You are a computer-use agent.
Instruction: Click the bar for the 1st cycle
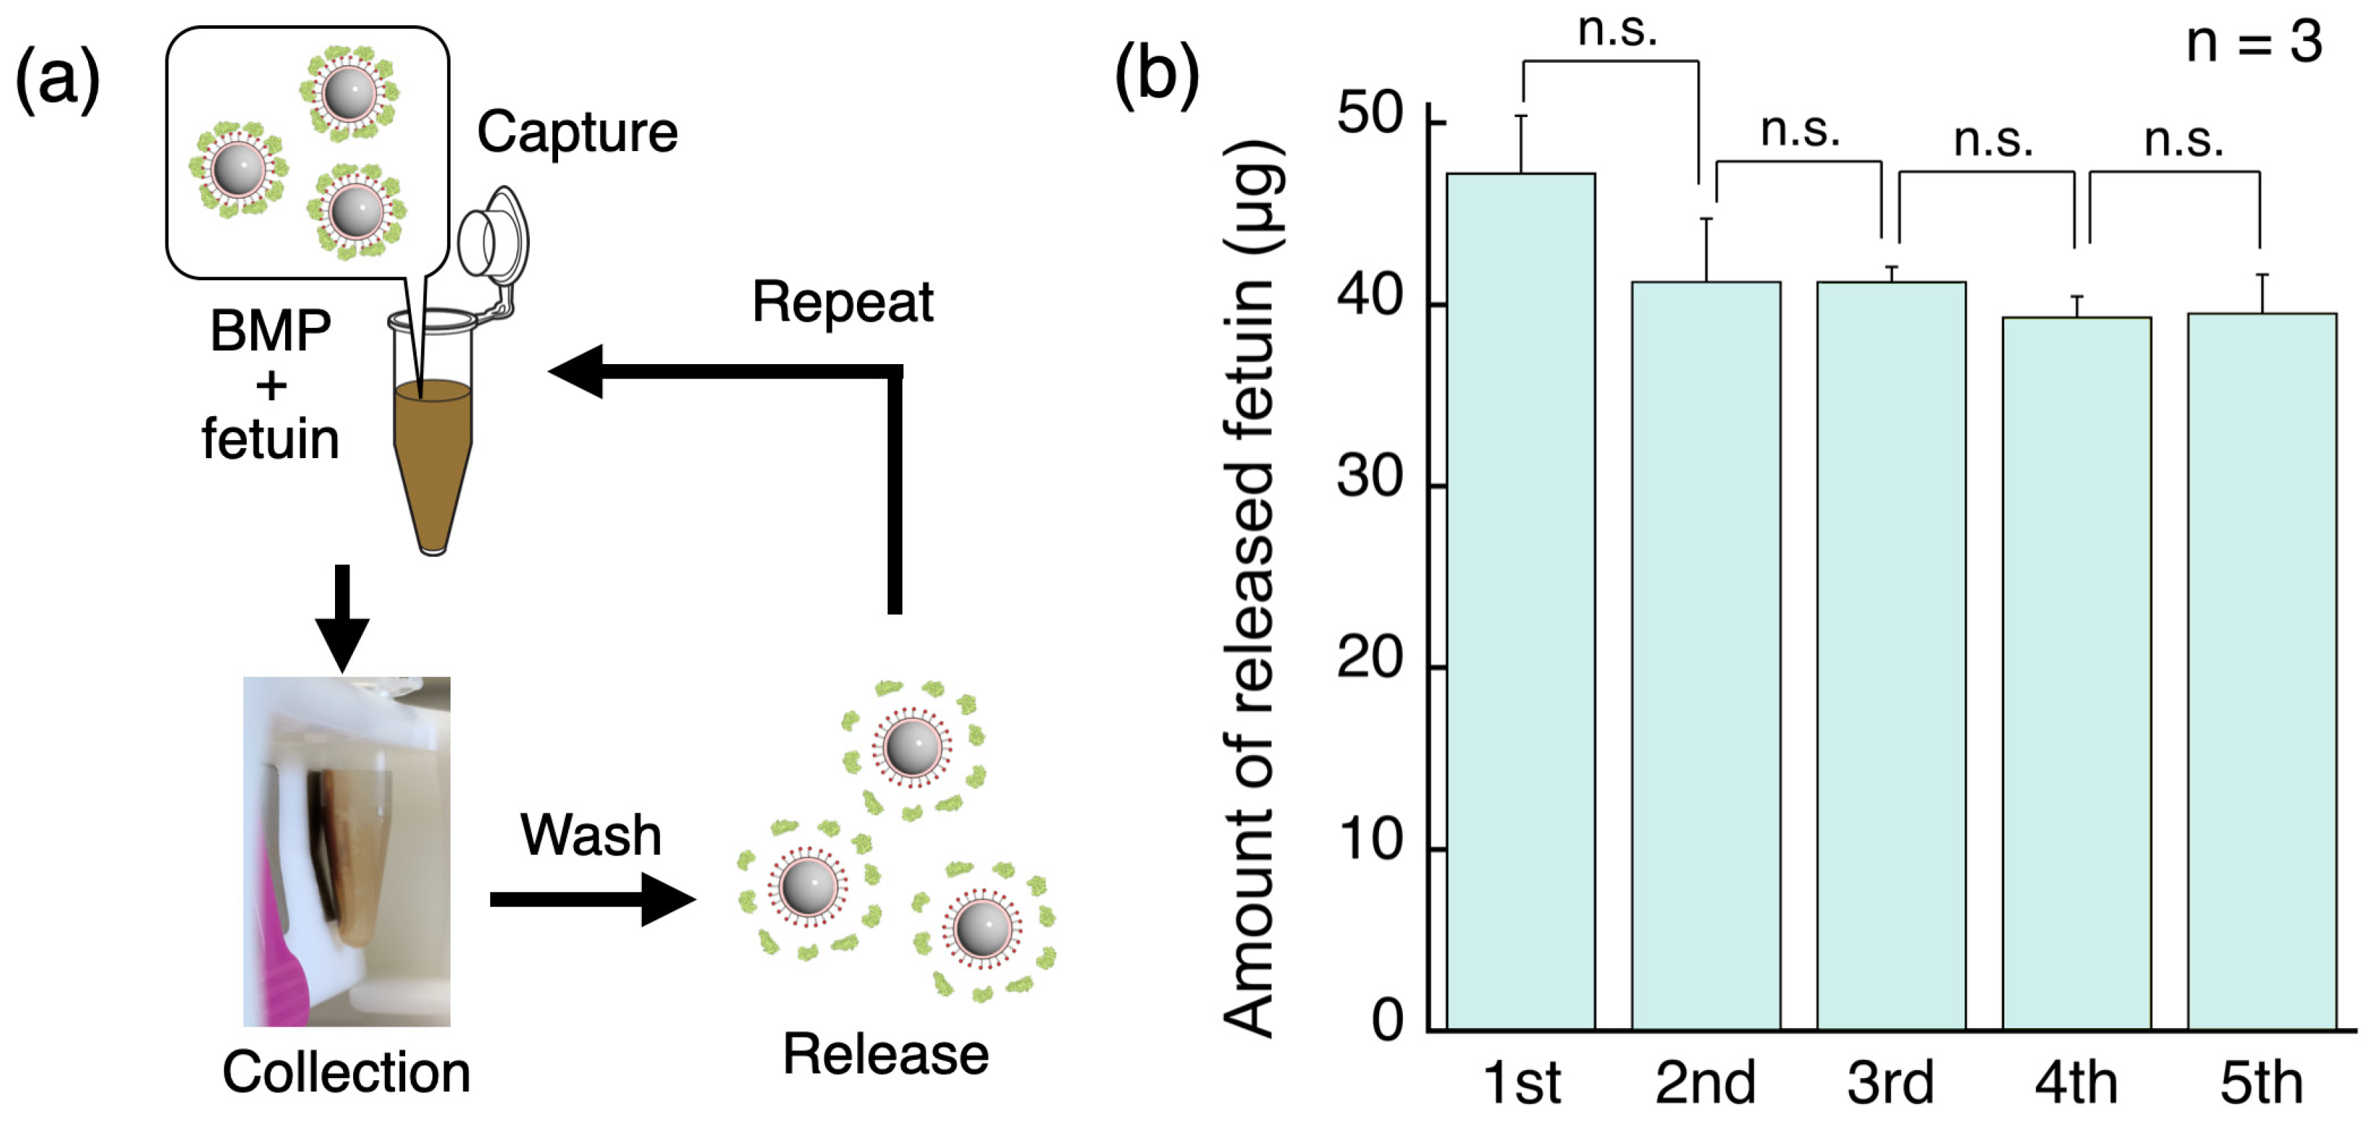pos(1521,599)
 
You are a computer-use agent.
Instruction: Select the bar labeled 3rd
pos(1891,655)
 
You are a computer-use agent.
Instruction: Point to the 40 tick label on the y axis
pos(1370,297)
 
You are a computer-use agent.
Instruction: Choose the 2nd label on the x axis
pos(1705,1082)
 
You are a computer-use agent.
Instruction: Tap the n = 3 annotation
pos(2254,43)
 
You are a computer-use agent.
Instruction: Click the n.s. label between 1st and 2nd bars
pos(1617,30)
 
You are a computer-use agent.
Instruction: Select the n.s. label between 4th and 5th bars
pos(2183,140)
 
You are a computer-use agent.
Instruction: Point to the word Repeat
pos(843,303)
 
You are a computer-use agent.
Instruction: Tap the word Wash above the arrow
pos(591,835)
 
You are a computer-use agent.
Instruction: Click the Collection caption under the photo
pos(347,1073)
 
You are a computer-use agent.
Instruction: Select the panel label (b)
pos(1157,76)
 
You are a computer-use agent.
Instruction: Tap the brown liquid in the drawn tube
pos(432,452)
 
